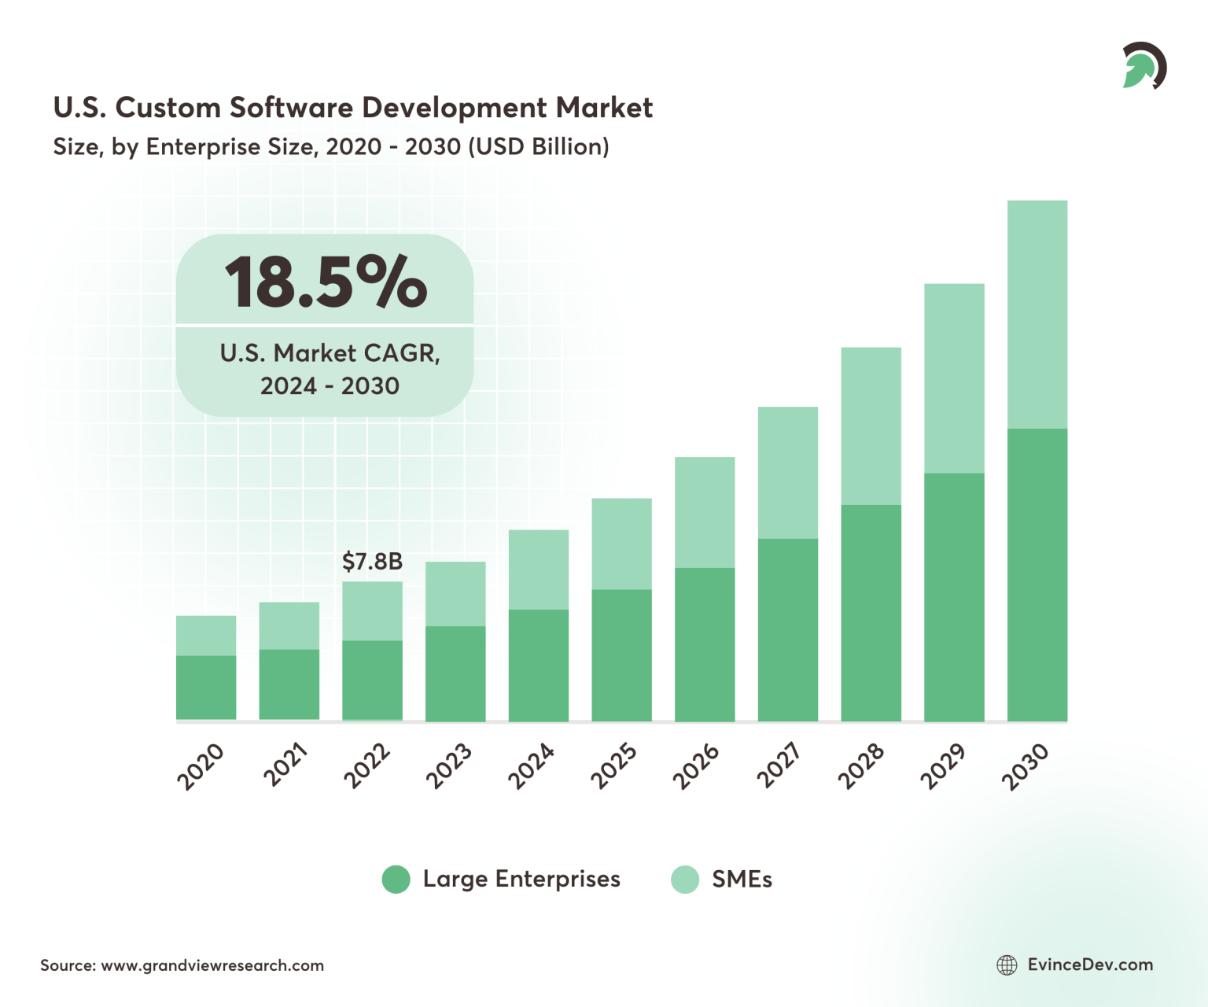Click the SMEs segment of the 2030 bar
point(1037,315)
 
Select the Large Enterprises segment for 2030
point(1037,574)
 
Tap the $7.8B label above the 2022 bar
point(372,562)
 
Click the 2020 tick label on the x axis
point(201,766)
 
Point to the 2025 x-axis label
point(614,766)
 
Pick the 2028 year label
point(861,766)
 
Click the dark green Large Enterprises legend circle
point(396,880)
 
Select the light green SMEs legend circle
point(684,880)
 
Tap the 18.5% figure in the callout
point(326,282)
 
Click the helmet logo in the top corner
point(1144,66)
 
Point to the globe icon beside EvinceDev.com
point(1007,965)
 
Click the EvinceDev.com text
point(1090,965)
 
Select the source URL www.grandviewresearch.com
point(212,965)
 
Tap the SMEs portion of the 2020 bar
point(206,636)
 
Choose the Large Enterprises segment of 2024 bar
point(539,665)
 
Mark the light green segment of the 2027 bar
point(787,472)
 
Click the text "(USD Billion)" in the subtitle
point(538,147)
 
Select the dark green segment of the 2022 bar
point(372,680)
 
